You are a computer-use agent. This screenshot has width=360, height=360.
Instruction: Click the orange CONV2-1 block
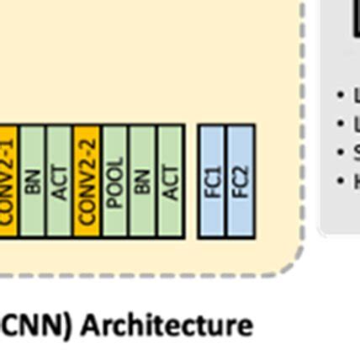click(8, 182)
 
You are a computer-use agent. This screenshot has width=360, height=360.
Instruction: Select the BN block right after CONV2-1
click(32, 182)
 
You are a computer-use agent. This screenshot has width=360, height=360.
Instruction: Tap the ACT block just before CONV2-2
click(60, 182)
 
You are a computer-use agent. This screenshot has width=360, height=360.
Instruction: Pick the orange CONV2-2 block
click(87, 182)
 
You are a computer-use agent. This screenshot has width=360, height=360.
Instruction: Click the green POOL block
click(115, 182)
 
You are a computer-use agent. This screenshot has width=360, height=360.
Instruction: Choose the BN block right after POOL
click(143, 182)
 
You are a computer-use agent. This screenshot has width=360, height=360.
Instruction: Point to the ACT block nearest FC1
click(171, 182)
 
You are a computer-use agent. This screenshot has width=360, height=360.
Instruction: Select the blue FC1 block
click(212, 182)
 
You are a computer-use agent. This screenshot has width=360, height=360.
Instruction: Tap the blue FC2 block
click(241, 182)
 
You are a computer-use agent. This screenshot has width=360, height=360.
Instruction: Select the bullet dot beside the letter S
click(340, 152)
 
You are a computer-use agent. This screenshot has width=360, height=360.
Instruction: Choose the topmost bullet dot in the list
click(340, 95)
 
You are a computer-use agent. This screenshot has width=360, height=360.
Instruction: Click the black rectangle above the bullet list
click(355, 17)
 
